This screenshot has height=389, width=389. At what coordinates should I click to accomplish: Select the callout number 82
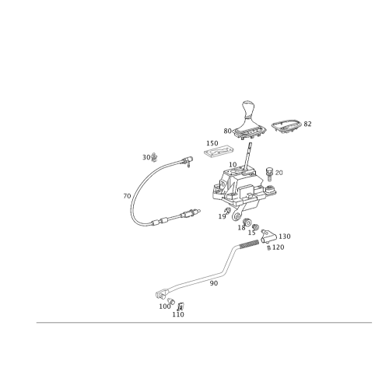pyautogui.click(x=307, y=124)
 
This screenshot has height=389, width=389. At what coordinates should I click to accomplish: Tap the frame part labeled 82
pyautogui.click(x=287, y=126)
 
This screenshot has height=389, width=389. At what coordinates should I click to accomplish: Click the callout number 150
pyautogui.click(x=212, y=143)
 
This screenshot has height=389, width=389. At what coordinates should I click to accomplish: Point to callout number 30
pyautogui.click(x=146, y=157)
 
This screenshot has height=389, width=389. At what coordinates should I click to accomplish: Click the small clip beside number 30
pyautogui.click(x=154, y=157)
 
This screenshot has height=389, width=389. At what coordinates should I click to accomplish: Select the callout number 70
pyautogui.click(x=127, y=196)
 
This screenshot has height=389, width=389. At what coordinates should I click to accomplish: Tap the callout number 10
pyautogui.click(x=233, y=165)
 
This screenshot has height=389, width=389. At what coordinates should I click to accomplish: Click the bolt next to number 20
pyautogui.click(x=270, y=174)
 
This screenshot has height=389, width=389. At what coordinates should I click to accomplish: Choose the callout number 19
pyautogui.click(x=222, y=216)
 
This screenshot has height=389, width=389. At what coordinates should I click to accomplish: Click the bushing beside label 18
pyautogui.click(x=247, y=223)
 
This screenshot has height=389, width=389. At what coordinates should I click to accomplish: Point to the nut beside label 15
pyautogui.click(x=255, y=227)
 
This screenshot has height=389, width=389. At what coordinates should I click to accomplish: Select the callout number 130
pyautogui.click(x=285, y=237)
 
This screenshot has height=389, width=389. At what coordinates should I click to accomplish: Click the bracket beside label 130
pyautogui.click(x=268, y=237)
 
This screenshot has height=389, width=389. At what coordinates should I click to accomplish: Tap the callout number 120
pyautogui.click(x=278, y=247)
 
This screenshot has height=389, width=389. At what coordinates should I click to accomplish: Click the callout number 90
pyautogui.click(x=213, y=283)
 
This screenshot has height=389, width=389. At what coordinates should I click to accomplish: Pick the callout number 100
pyautogui.click(x=165, y=307)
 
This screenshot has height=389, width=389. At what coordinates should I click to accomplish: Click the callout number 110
pyautogui.click(x=178, y=314)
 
